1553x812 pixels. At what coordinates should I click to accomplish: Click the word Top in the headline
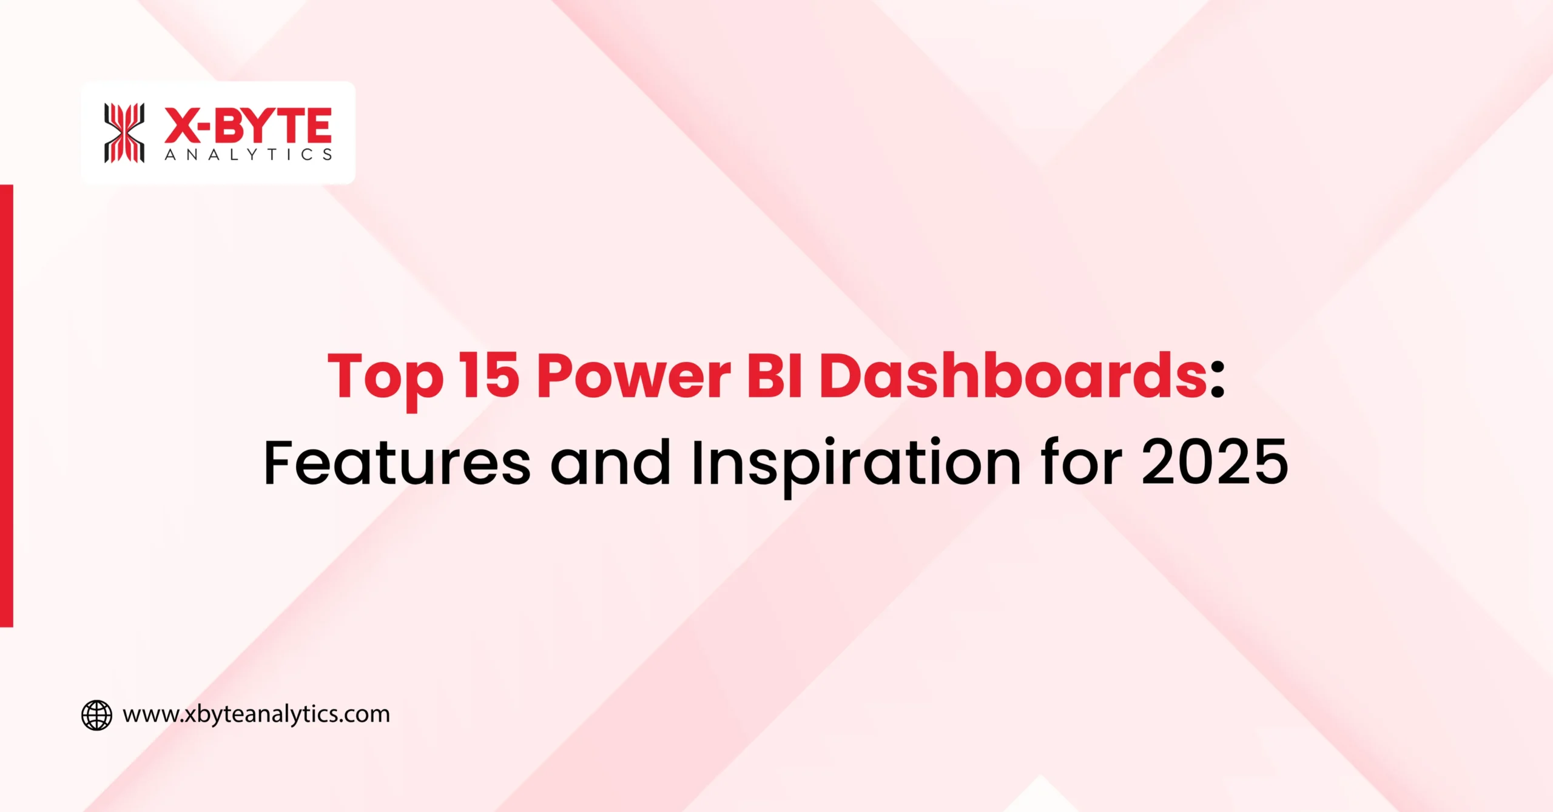(385, 377)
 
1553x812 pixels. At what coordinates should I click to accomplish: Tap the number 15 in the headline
(489, 376)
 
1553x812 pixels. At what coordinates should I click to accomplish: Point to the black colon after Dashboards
(1217, 383)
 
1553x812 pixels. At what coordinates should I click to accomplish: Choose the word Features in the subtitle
(397, 463)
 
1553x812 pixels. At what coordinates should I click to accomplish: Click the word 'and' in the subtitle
(610, 463)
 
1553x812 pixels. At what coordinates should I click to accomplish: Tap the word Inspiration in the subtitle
(856, 463)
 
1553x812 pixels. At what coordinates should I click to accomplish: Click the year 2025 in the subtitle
(1214, 463)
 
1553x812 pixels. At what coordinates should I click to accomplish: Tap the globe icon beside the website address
(96, 715)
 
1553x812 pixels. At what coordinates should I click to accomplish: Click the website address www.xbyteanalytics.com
(256, 714)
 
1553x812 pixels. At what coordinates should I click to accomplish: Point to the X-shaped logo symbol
(124, 133)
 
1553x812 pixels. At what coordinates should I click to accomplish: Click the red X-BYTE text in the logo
(248, 126)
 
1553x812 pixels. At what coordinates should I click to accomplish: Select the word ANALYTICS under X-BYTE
(248, 155)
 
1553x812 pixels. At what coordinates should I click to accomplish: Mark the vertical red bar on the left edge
(6, 405)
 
